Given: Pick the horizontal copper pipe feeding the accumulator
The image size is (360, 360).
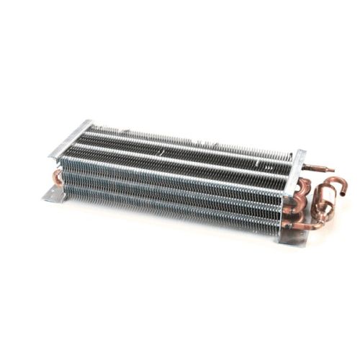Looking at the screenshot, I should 302,225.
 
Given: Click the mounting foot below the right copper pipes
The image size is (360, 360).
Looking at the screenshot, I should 293,236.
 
